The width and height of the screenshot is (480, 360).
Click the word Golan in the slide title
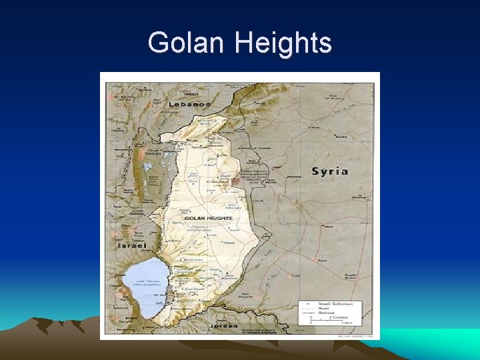coord(187,43)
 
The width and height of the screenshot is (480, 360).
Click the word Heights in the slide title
coord(283,43)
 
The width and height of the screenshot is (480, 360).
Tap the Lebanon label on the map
coord(189,104)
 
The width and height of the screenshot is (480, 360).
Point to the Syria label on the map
coord(330,171)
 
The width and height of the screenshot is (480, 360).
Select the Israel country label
coord(133,245)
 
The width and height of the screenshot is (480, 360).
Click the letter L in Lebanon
coord(171,104)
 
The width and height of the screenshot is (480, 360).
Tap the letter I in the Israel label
coord(119,245)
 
